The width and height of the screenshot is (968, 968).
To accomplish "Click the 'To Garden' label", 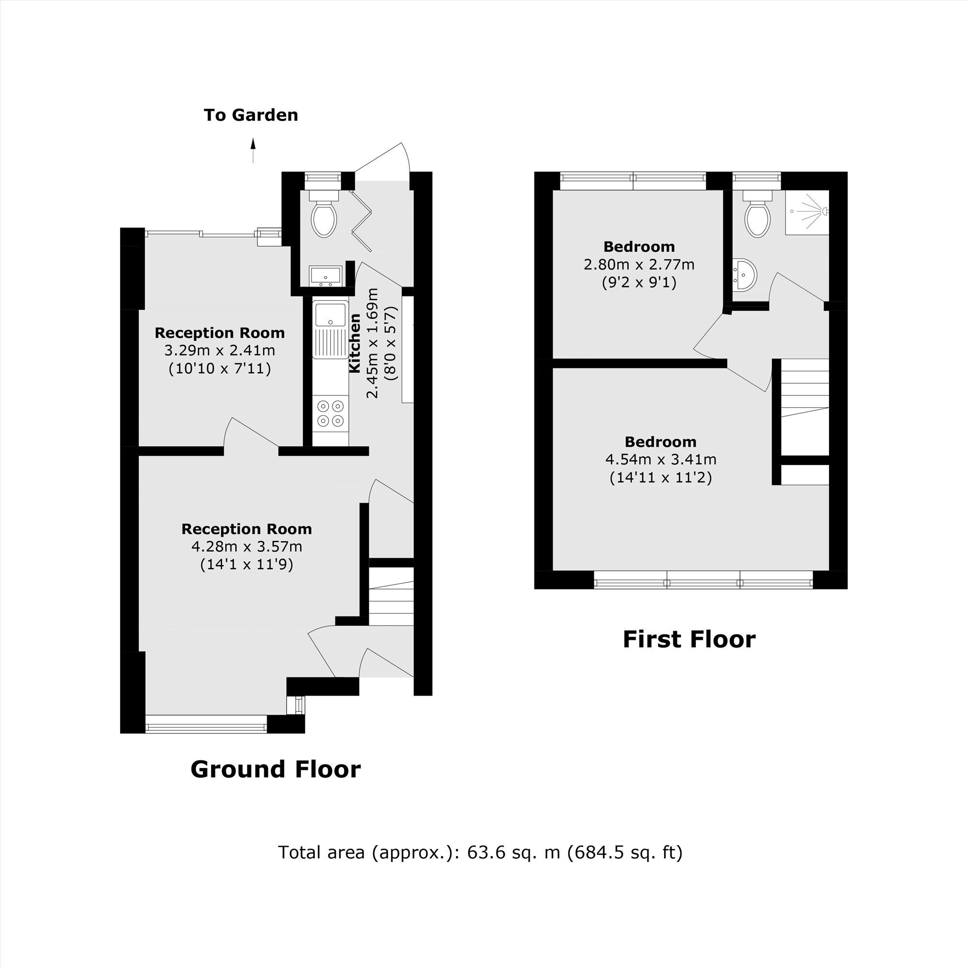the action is (x=251, y=115).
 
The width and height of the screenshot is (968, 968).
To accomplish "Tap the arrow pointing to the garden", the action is (x=253, y=151).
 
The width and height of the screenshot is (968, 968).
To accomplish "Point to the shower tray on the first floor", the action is (x=807, y=212).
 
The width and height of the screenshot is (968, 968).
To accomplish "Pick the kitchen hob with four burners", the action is (x=330, y=413).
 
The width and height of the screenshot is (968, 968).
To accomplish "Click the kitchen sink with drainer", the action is (x=330, y=329).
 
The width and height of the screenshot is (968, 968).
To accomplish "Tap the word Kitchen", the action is (x=355, y=343).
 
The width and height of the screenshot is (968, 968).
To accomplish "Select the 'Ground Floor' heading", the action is (x=275, y=769).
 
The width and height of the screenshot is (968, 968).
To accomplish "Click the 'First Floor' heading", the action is (x=689, y=639).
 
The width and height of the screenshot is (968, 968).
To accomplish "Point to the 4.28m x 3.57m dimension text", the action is (x=246, y=546).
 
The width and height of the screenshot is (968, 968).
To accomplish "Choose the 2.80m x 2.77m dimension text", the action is (x=639, y=264).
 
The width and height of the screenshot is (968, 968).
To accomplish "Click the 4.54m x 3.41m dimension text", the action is (x=661, y=459).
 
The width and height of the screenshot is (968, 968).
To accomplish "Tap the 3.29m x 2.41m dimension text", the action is (x=219, y=350).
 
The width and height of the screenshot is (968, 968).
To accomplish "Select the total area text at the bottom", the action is (x=480, y=852).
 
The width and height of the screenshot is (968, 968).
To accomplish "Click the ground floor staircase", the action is (x=391, y=597).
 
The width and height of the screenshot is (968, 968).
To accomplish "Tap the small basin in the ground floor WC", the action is (x=325, y=276).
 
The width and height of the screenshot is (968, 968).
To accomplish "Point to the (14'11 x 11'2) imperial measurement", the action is (x=661, y=478).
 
